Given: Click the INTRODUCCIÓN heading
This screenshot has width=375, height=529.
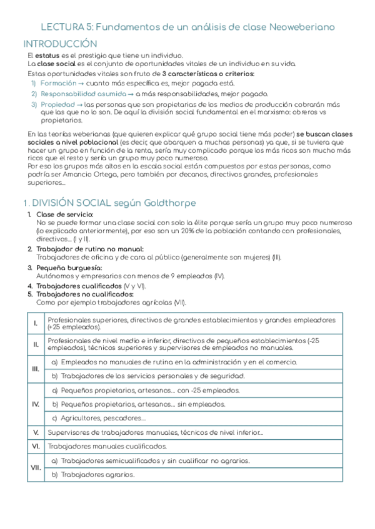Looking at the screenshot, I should (x=60, y=44).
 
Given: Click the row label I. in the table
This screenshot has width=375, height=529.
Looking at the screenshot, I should (x=36, y=323).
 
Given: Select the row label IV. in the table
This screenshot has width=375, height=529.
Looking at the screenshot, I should (x=36, y=404).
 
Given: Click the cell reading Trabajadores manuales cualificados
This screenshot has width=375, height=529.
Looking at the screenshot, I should (x=107, y=446).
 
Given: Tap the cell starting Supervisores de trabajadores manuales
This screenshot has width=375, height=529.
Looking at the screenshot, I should (x=155, y=432).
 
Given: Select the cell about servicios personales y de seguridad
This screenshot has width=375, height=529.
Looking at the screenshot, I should (x=147, y=376).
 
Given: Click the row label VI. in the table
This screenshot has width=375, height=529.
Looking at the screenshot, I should (x=36, y=446).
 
